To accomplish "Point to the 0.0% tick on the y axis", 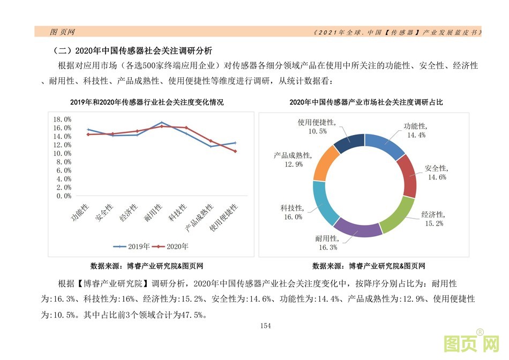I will pyautogui.click(x=64, y=196).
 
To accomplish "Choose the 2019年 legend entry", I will pyautogui.click(x=128, y=246).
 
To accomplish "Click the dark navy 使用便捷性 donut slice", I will pyautogui.click(x=348, y=142).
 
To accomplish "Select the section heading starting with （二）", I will pyautogui.click(x=132, y=51).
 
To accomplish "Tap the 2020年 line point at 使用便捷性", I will pyautogui.click(x=235, y=151).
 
